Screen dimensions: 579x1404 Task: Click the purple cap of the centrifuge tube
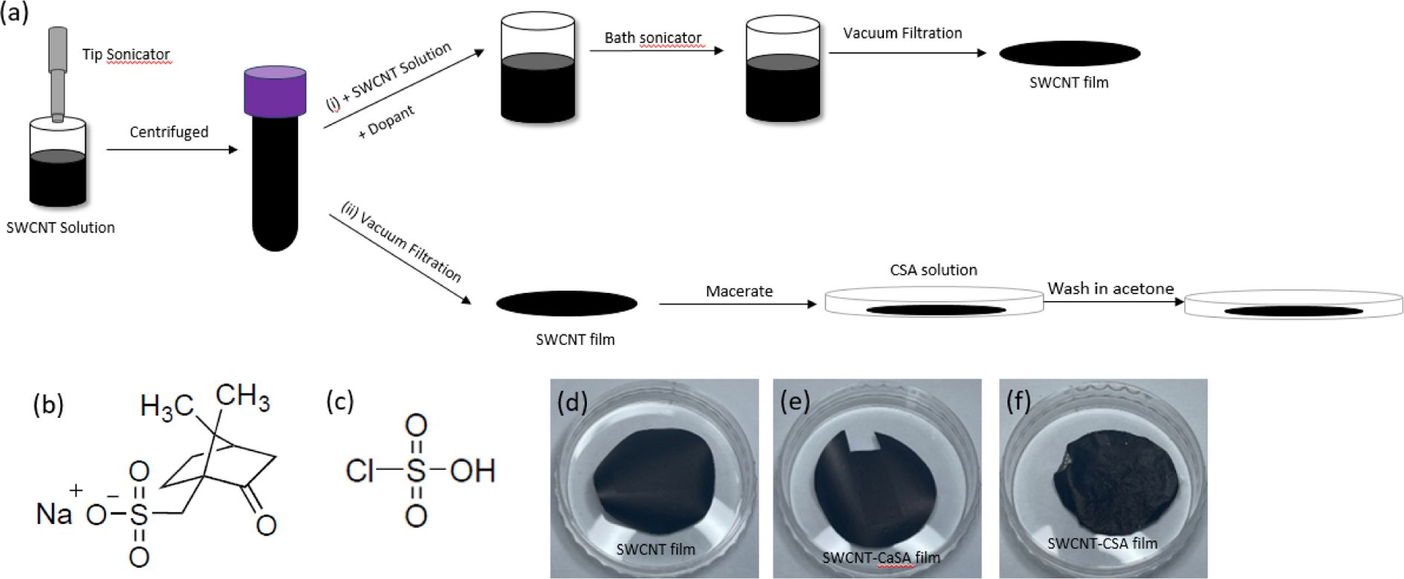click(x=275, y=91)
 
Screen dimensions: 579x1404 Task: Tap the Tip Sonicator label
click(x=126, y=54)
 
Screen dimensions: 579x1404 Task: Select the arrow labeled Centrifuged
click(x=172, y=149)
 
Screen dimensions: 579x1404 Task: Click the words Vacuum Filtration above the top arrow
click(x=902, y=33)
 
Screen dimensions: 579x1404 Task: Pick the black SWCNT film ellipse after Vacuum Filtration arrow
click(x=1069, y=53)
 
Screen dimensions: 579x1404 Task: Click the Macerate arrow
click(x=737, y=304)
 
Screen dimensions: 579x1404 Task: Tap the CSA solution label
click(x=933, y=270)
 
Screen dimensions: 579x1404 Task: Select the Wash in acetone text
click(x=1111, y=288)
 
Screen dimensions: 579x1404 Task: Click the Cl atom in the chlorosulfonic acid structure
click(x=360, y=470)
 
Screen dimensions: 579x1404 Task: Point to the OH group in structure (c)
click(x=472, y=470)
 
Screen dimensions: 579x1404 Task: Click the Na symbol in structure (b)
click(x=53, y=514)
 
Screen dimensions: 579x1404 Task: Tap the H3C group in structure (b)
click(x=166, y=407)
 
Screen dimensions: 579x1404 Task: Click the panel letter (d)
click(x=573, y=401)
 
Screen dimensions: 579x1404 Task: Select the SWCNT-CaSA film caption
click(x=881, y=557)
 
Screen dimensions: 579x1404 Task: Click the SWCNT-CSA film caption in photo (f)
click(x=1102, y=543)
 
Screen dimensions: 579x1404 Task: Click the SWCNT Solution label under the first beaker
click(x=60, y=227)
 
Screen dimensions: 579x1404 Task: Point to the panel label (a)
click(x=15, y=13)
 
